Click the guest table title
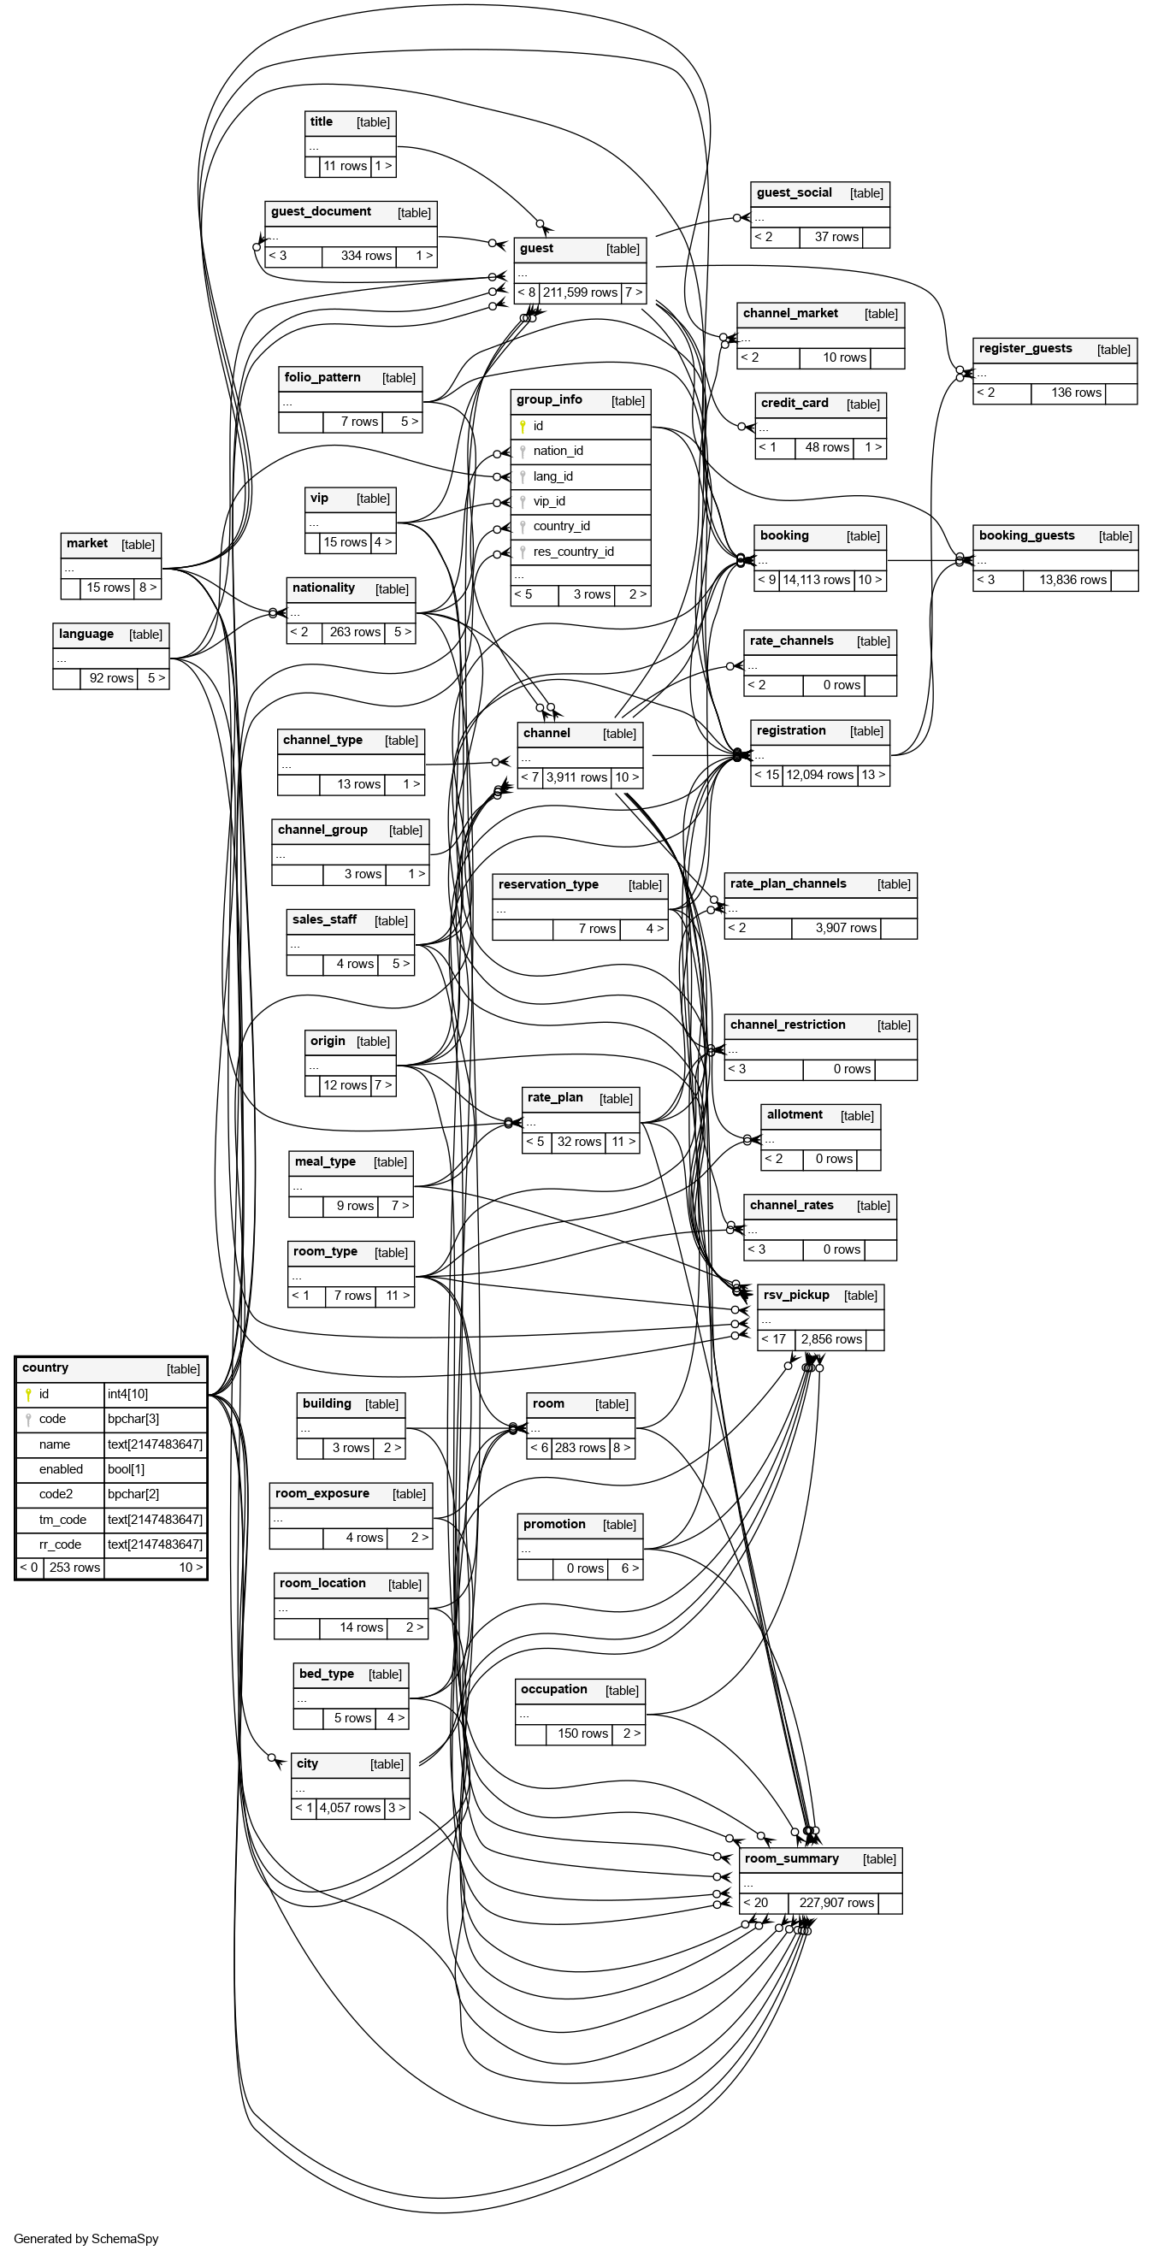coord(536,249)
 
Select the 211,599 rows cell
coord(580,292)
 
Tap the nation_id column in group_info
coord(558,451)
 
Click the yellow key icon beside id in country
coord(28,1394)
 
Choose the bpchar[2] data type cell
coord(133,1494)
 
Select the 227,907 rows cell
coord(836,1902)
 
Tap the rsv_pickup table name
coord(795,1296)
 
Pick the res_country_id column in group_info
coord(573,552)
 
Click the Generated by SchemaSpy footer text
coord(86,2239)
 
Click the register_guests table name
coord(1025,349)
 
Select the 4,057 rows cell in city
coord(350,1808)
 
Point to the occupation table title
coord(553,1689)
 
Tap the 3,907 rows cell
coord(845,929)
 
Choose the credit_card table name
coord(795,404)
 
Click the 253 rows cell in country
coord(74,1568)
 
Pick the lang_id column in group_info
coord(552,476)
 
